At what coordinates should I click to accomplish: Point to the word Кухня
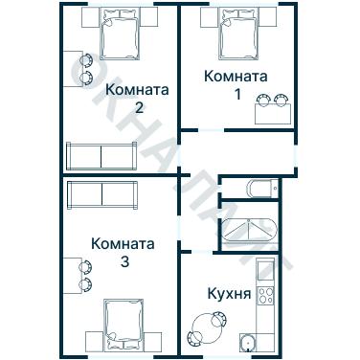point(229,294)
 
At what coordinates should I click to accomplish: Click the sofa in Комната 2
point(101,154)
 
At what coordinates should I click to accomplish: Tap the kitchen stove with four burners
point(268,292)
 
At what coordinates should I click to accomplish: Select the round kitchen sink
point(248,342)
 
